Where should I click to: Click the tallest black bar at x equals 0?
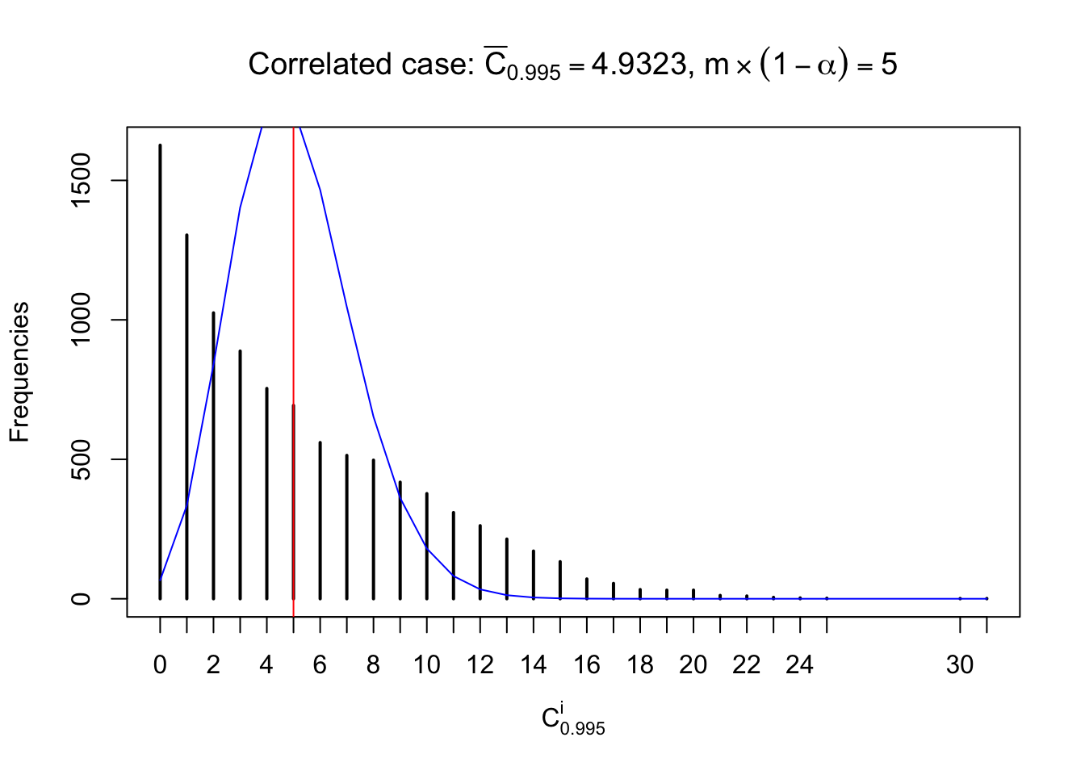[x=160, y=371]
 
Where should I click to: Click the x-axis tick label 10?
[x=426, y=665]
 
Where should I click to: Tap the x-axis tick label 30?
[x=960, y=665]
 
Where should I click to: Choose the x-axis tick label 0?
[x=160, y=665]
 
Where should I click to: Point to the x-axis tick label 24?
[x=799, y=665]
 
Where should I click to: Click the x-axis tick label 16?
[x=587, y=665]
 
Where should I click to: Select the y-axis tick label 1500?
[x=81, y=181]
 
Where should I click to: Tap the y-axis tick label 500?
[x=81, y=459]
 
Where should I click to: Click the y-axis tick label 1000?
[x=81, y=320]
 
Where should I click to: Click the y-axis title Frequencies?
[x=19, y=372]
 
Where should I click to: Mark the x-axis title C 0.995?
[x=572, y=719]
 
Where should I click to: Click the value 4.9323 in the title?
[x=638, y=65]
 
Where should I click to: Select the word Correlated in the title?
[x=306, y=65]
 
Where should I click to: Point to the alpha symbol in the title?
[x=826, y=65]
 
